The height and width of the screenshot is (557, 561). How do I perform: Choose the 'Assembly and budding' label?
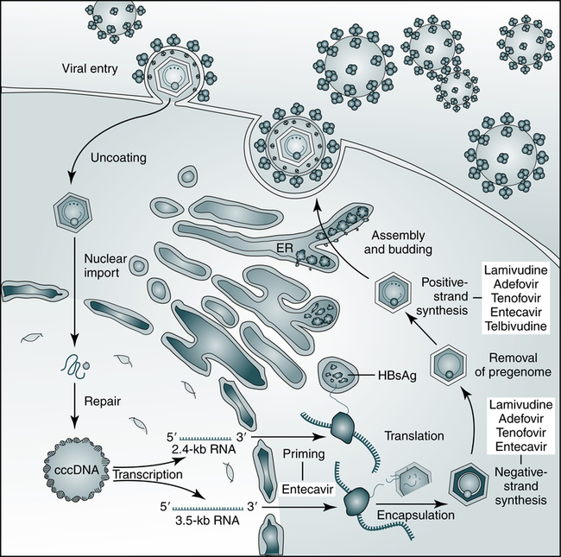pyautogui.click(x=399, y=244)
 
